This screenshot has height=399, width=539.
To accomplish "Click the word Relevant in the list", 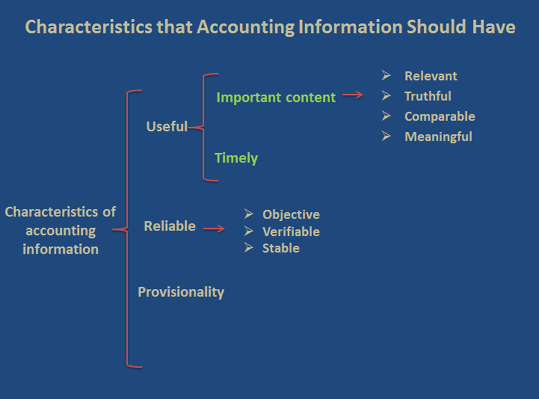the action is click(x=431, y=76).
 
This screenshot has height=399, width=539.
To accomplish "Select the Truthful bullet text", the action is click(x=428, y=96).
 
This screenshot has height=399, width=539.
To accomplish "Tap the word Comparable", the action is click(x=440, y=117).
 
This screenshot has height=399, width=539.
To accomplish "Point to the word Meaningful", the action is click(x=438, y=137).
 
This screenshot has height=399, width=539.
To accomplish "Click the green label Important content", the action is click(x=275, y=97).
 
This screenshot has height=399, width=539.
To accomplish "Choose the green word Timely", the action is click(x=236, y=159).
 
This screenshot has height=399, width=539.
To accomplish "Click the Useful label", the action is click(x=167, y=126).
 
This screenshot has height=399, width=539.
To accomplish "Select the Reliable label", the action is click(x=170, y=226).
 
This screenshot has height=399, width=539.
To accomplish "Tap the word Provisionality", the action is click(x=181, y=292).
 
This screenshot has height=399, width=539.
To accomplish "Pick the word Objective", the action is click(x=291, y=215).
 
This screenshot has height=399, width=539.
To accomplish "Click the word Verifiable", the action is click(x=291, y=232).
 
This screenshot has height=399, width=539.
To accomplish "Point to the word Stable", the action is click(x=281, y=248).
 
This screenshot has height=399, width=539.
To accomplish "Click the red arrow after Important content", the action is click(x=352, y=95).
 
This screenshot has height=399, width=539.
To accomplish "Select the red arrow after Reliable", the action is click(x=214, y=228).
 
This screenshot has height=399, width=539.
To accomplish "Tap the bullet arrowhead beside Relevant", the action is click(x=386, y=75).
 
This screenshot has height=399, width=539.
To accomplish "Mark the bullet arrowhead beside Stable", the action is click(x=249, y=248).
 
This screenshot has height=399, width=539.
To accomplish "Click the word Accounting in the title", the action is click(x=245, y=27).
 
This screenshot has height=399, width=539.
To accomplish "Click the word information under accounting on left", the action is click(x=60, y=249).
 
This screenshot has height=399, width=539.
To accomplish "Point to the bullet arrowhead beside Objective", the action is click(x=249, y=214).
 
